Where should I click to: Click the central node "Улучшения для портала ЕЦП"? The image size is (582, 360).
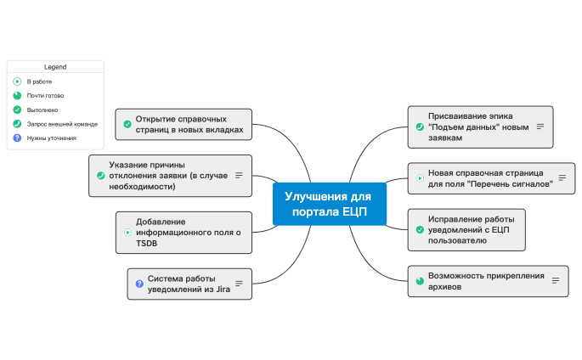point(330,204)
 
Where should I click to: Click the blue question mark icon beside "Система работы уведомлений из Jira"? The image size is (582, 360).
point(139,284)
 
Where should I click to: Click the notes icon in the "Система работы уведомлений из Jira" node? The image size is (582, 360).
point(239,284)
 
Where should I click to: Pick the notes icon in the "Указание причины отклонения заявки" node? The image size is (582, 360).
point(239,175)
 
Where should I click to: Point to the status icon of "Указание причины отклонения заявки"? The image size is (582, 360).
point(101,175)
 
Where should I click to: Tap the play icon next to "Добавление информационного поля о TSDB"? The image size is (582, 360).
point(127,232)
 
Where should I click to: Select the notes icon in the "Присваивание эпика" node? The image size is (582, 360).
point(540,126)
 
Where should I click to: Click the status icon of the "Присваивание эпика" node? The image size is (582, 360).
point(420,126)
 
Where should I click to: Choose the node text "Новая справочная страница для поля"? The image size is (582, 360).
point(490,177)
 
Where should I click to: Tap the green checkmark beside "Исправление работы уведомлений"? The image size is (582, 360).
point(420,229)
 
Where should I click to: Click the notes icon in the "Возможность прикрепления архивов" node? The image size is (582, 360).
point(556,280)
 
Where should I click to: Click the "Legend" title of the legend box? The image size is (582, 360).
point(55,66)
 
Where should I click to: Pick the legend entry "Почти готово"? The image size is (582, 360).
point(44,96)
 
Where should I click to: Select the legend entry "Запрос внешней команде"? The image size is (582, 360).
point(61,124)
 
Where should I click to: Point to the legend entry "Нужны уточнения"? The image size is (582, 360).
point(51,138)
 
